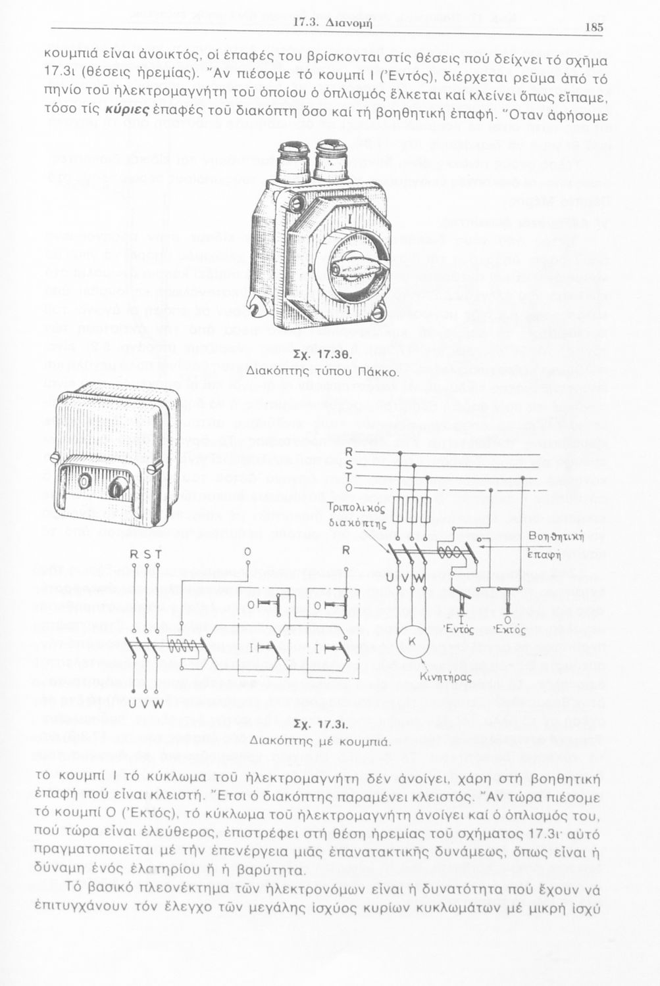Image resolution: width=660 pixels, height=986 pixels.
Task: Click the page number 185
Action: tap(593, 27)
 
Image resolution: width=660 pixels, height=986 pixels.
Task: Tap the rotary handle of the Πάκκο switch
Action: tap(349, 266)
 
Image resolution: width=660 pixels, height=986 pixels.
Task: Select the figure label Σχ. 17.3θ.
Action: tap(323, 354)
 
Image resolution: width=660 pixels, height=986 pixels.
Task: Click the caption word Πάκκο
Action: tap(376, 372)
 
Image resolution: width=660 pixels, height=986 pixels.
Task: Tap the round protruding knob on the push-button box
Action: tap(118, 487)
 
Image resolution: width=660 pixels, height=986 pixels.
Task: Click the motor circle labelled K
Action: tap(413, 640)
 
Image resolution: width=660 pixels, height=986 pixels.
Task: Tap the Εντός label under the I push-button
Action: tap(458, 630)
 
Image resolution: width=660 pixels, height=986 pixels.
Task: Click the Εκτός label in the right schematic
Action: tap(509, 630)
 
